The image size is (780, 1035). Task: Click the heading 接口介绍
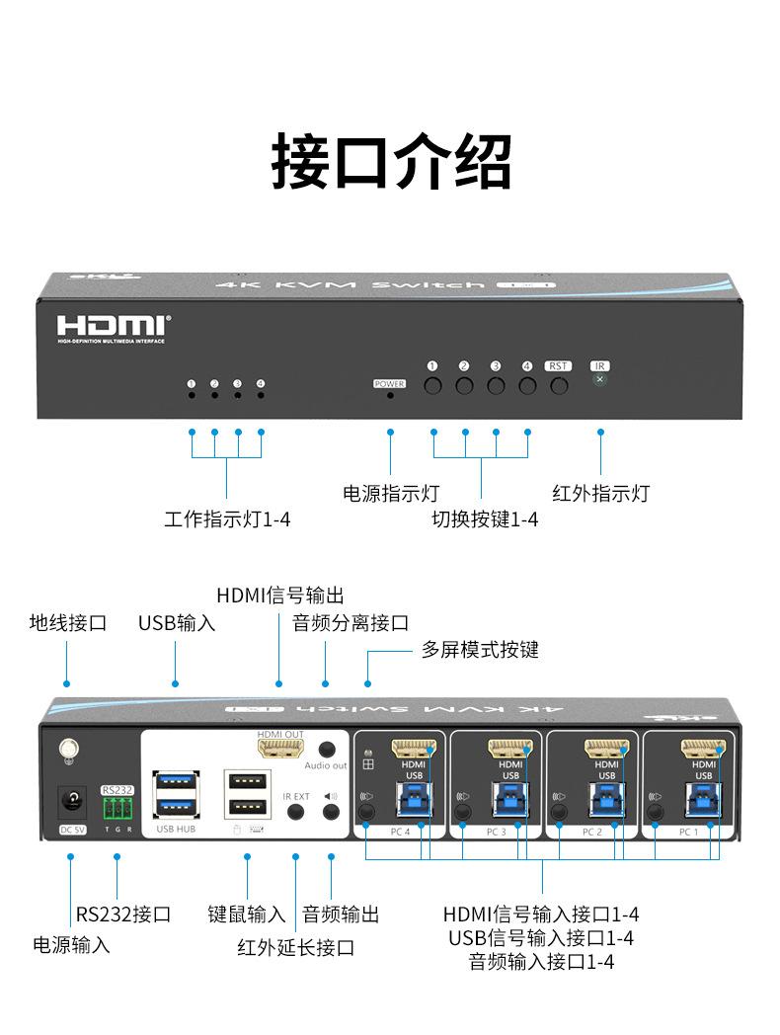(x=391, y=162)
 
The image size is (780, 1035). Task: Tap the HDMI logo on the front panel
(x=113, y=327)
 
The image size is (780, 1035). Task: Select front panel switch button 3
(x=496, y=384)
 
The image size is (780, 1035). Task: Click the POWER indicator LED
(x=390, y=395)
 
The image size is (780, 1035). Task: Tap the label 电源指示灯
(x=390, y=493)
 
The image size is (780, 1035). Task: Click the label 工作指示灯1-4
(x=227, y=519)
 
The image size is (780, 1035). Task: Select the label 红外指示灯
(x=600, y=493)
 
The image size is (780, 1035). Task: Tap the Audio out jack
(x=327, y=750)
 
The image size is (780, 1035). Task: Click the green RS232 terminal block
(x=117, y=808)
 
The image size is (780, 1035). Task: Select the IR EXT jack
(x=295, y=812)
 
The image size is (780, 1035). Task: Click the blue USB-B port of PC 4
(x=414, y=799)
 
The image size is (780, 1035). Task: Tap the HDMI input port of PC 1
(x=703, y=750)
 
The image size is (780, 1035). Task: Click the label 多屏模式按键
(x=480, y=650)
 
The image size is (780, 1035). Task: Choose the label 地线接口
(x=67, y=623)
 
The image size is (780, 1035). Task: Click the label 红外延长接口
(x=295, y=948)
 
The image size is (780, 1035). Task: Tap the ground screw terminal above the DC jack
(x=69, y=751)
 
